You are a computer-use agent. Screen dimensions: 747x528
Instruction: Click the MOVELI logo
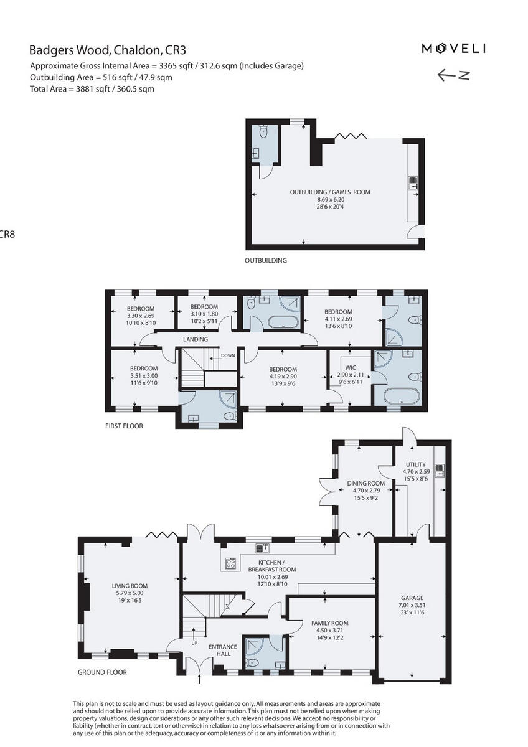(454, 49)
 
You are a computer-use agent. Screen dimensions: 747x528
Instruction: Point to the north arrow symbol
(453, 75)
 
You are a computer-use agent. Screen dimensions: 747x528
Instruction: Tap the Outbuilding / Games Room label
(329, 192)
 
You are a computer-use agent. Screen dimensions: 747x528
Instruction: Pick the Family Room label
(329, 623)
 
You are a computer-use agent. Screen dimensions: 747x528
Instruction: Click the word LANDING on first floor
(195, 339)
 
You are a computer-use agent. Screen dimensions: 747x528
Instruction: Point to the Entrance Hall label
(223, 650)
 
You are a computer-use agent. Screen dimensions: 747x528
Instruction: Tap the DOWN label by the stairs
(227, 356)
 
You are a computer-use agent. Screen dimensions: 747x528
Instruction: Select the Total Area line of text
(92, 89)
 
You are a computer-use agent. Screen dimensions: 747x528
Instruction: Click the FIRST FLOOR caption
(124, 426)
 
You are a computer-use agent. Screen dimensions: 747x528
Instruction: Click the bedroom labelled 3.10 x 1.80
(204, 313)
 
